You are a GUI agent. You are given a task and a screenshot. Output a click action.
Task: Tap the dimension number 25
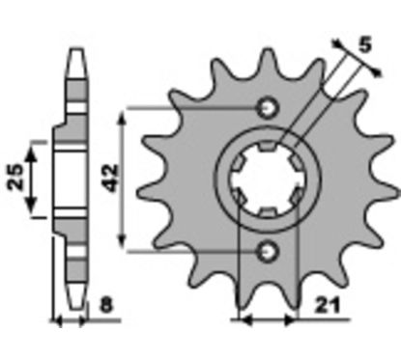click(16, 177)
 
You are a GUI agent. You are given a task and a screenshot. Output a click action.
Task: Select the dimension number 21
click(328, 306)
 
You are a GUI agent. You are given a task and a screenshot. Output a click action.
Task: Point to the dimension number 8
click(106, 306)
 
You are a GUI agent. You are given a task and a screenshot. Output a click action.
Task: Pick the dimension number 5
click(365, 44)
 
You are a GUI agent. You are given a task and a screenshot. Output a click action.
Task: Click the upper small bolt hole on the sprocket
click(267, 108)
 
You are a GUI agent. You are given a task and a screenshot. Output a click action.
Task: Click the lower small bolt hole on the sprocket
click(267, 251)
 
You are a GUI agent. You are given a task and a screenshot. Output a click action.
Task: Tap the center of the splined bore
click(267, 180)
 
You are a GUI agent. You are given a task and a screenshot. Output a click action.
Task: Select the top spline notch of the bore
click(267, 146)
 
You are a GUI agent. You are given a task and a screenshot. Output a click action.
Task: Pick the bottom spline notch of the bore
click(267, 212)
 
